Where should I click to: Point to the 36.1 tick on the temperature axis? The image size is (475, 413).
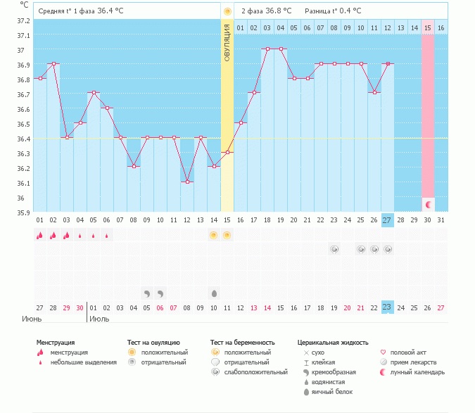[24, 183]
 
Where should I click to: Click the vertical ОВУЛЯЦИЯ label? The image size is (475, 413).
[227, 42]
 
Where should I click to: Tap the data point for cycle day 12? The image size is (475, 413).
[186, 182]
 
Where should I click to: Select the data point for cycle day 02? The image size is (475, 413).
[53, 63]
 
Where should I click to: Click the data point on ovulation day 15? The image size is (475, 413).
[227, 152]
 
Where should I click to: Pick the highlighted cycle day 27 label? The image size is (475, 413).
[388, 220]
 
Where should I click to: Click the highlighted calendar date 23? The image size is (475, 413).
[388, 307]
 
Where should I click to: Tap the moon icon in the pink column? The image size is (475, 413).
[428, 204]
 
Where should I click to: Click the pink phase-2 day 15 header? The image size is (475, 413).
[428, 27]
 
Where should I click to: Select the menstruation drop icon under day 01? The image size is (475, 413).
[40, 235]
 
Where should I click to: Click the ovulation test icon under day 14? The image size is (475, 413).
[213, 235]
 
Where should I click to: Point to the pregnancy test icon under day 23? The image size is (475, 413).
[334, 249]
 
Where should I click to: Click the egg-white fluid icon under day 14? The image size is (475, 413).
[214, 293]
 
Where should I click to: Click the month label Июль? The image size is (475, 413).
[99, 318]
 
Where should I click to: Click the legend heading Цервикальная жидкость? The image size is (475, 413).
[333, 342]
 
